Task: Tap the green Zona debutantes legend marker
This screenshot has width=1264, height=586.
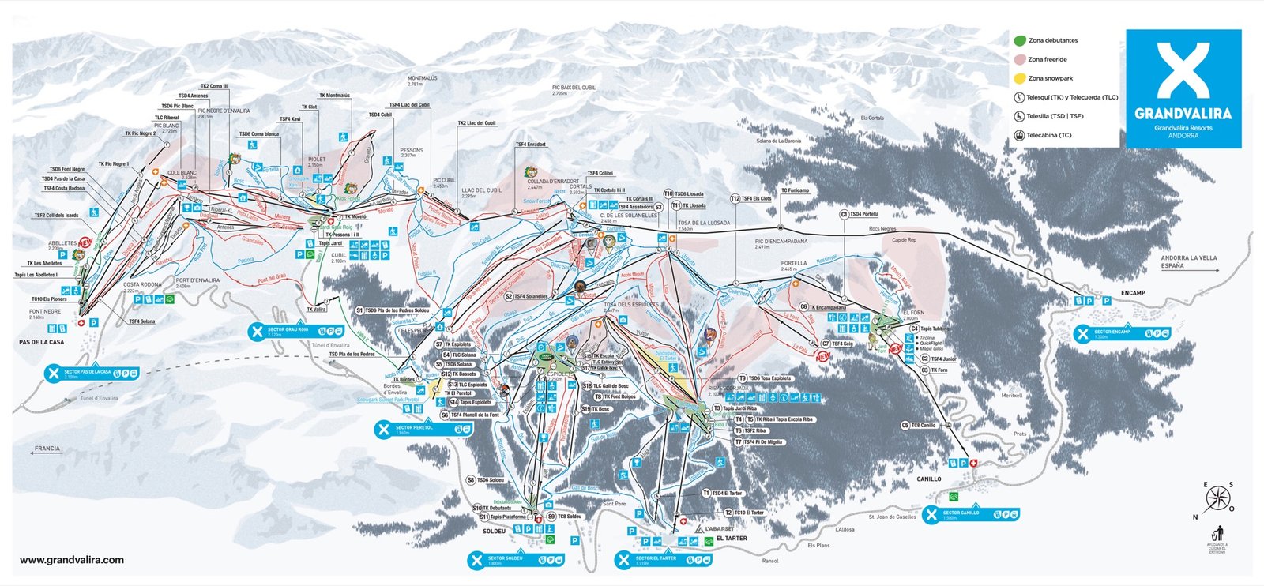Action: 1020,40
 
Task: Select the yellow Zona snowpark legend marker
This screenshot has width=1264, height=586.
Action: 1020,78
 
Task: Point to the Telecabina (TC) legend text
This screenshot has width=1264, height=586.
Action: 1049,135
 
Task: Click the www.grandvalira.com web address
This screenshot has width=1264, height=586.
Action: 71,560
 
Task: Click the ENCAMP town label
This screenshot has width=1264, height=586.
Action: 1132,293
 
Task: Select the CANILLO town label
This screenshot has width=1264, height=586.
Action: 928,479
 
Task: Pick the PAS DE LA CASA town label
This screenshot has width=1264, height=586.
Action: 42,342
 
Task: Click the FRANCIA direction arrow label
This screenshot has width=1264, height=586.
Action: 47,449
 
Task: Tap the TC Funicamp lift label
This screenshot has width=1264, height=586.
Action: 795,190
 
